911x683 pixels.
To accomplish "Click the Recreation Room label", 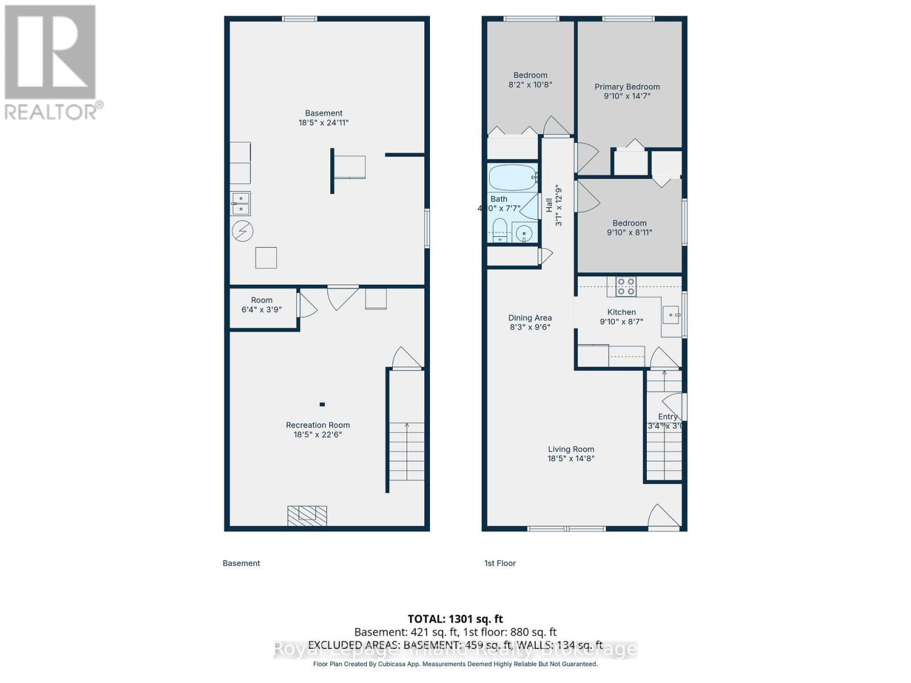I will pos(318,425).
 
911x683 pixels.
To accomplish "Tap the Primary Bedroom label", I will pos(627,87).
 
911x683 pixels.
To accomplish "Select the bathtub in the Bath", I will pos(512,178).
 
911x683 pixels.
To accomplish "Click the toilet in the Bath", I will pos(500,231).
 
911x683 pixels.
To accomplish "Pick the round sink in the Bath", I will pos(524,233).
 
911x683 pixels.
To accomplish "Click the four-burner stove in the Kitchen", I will pos(626,286).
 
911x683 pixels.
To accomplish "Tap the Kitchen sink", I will pos(671,315).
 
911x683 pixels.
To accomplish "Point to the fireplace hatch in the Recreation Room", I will pos(307,516).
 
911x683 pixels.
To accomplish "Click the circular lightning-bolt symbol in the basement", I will pos(243,231).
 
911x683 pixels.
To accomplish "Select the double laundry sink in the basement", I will pos(240,203).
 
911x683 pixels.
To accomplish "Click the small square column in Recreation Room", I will pos(322,405).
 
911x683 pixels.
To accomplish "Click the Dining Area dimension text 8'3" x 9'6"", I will pos(530,327).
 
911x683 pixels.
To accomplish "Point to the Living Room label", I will pos(571,449).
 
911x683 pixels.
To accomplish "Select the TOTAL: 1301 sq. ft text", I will pos(455,619).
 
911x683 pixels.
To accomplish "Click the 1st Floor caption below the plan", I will pos(499,563).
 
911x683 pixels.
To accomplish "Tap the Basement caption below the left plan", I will pos(241,563).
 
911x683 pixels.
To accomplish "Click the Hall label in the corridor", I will pos(549,205).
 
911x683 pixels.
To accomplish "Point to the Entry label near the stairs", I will pos(667,417).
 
